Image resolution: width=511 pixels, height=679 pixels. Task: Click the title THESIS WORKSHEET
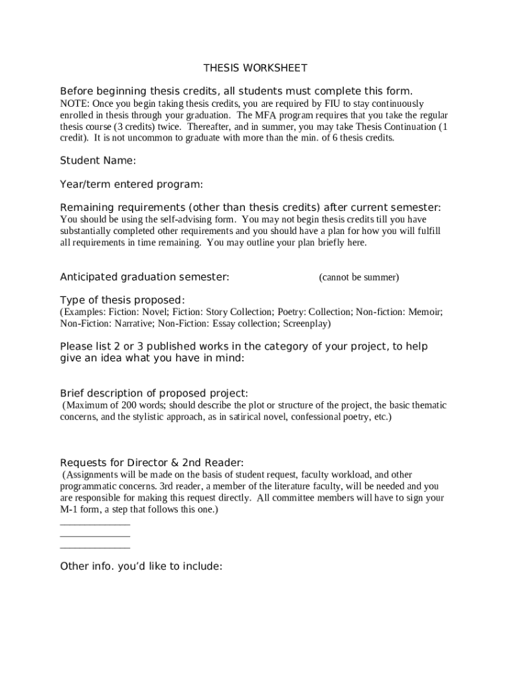256,68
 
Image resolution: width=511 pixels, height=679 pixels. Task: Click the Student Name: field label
98,160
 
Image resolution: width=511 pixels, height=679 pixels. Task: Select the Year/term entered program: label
131,184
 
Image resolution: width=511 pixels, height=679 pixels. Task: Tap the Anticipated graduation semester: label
145,277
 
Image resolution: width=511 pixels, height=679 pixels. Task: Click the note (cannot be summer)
358,278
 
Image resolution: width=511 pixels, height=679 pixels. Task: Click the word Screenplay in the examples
306,324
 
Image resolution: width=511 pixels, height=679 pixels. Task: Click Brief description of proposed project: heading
154,393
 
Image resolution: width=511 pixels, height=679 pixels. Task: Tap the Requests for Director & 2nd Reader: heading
152,463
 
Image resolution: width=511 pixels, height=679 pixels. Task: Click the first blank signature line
95,524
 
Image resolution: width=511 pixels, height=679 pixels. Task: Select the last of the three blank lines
95,548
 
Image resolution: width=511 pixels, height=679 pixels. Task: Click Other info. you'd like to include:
141,566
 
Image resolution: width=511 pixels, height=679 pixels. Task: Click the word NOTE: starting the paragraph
74,104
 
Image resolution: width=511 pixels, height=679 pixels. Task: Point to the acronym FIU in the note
331,104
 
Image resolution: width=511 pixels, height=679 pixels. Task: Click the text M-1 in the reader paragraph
69,509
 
